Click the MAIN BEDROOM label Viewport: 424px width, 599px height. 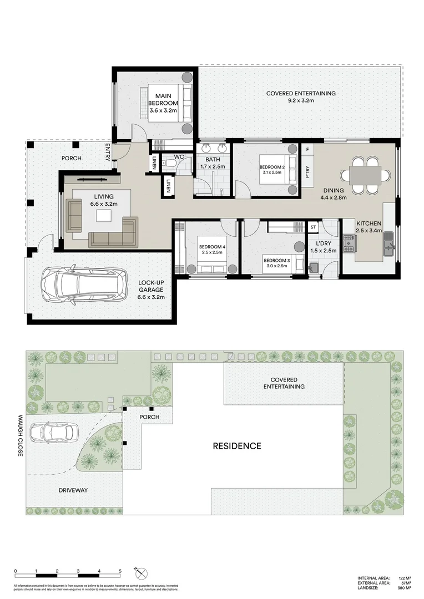(163, 103)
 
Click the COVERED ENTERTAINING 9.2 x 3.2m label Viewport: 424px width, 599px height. (300, 97)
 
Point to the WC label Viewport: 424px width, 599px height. (179, 157)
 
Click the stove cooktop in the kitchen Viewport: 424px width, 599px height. (349, 243)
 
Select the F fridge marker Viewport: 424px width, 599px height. (307, 150)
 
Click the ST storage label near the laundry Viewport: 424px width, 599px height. (313, 227)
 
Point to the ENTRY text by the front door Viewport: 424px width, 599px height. (108, 153)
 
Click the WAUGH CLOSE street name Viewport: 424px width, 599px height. (20, 435)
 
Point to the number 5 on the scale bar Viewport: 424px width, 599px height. (120, 571)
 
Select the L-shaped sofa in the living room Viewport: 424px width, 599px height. (114, 232)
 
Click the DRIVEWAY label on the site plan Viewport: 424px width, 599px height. (73, 490)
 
